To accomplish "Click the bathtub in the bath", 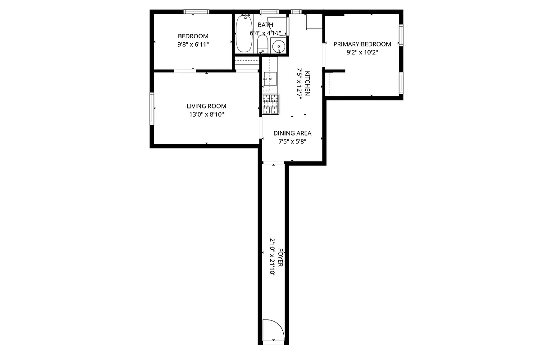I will coord(244,34).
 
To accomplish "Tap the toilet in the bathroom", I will coord(262,45).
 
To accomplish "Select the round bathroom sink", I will coord(279,46).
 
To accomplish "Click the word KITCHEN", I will coord(308,83).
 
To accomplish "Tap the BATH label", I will coord(265,25).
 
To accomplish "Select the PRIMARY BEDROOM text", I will coord(362,44).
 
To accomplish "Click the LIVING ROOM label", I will coord(206,106).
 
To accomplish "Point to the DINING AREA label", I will coord(292,133).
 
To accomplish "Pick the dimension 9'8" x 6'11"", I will coord(193,45).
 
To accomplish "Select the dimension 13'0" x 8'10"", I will coord(206,115).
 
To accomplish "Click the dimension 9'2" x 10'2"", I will coord(362,52).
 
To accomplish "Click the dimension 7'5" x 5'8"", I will coord(292,141).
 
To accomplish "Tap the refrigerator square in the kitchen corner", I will coord(314,22).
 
